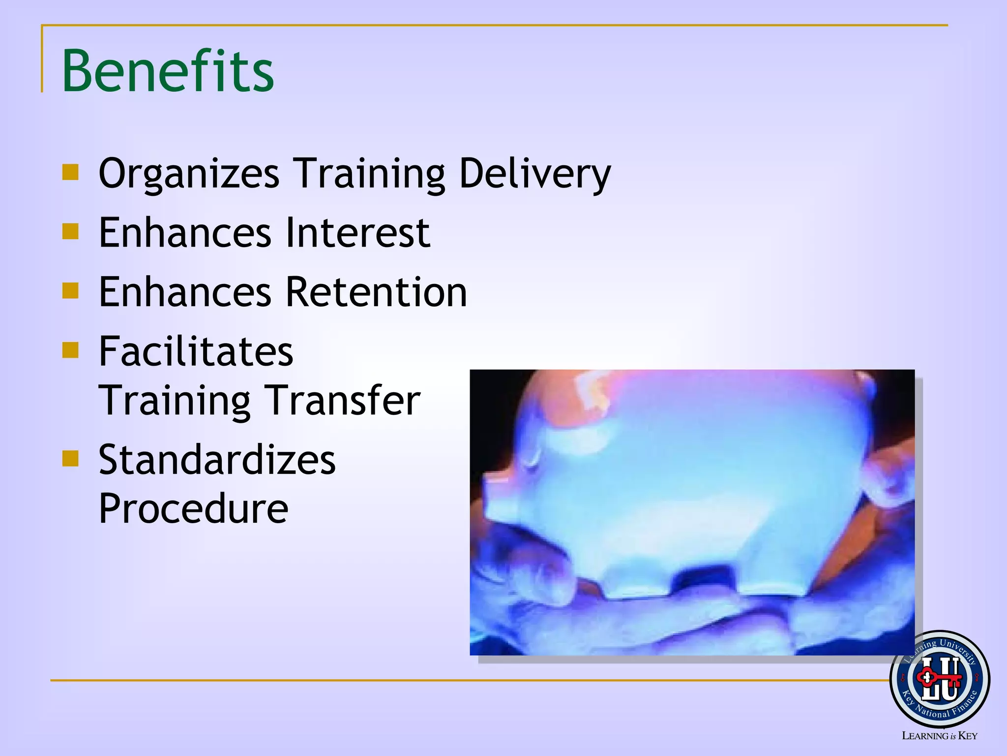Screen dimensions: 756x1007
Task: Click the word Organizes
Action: [189, 173]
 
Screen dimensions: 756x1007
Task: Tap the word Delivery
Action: [534, 173]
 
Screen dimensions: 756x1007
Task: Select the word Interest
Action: [357, 232]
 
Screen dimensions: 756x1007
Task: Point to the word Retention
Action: [376, 292]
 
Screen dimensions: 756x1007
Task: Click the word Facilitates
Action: [196, 351]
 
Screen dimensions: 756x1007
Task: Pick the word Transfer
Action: [343, 400]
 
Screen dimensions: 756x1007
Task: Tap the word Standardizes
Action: [217, 460]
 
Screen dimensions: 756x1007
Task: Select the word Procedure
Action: [193, 508]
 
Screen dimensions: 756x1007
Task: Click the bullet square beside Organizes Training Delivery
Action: [71, 172]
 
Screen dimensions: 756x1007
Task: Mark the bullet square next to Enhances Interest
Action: [71, 231]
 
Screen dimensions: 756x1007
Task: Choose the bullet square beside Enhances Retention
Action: [71, 290]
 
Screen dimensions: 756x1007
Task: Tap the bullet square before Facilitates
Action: [71, 350]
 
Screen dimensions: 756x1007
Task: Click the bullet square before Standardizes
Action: [71, 459]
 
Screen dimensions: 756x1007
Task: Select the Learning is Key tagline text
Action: [939, 736]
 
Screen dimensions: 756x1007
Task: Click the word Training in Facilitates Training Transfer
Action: [175, 400]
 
